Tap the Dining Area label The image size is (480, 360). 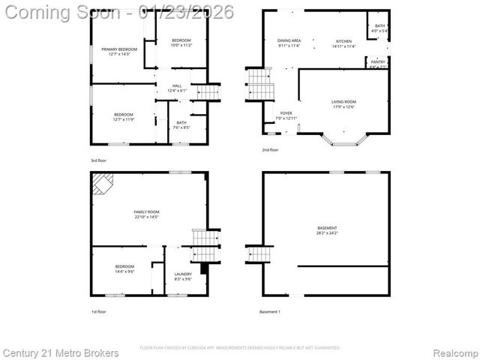pyautogui.click(x=289, y=43)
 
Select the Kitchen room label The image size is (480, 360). pyautogui.click(x=343, y=43)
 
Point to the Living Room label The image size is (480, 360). pyautogui.click(x=343, y=104)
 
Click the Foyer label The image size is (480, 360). pyautogui.click(x=286, y=116)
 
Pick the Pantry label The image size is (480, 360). pyautogui.click(x=379, y=64)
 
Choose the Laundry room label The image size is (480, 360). pyautogui.click(x=183, y=276)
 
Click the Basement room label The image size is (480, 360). pyautogui.click(x=327, y=230)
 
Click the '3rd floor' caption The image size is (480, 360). pyautogui.click(x=98, y=160)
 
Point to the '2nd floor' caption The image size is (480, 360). pyautogui.click(x=270, y=150)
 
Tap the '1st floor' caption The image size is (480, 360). pyautogui.click(x=98, y=311)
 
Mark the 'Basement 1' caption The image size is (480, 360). pyautogui.click(x=270, y=311)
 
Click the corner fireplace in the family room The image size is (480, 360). pyautogui.click(x=101, y=183)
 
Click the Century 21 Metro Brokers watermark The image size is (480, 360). pyautogui.click(x=60, y=352)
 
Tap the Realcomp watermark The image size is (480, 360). pyautogui.click(x=454, y=352)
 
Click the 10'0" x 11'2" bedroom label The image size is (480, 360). pyautogui.click(x=181, y=43)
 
